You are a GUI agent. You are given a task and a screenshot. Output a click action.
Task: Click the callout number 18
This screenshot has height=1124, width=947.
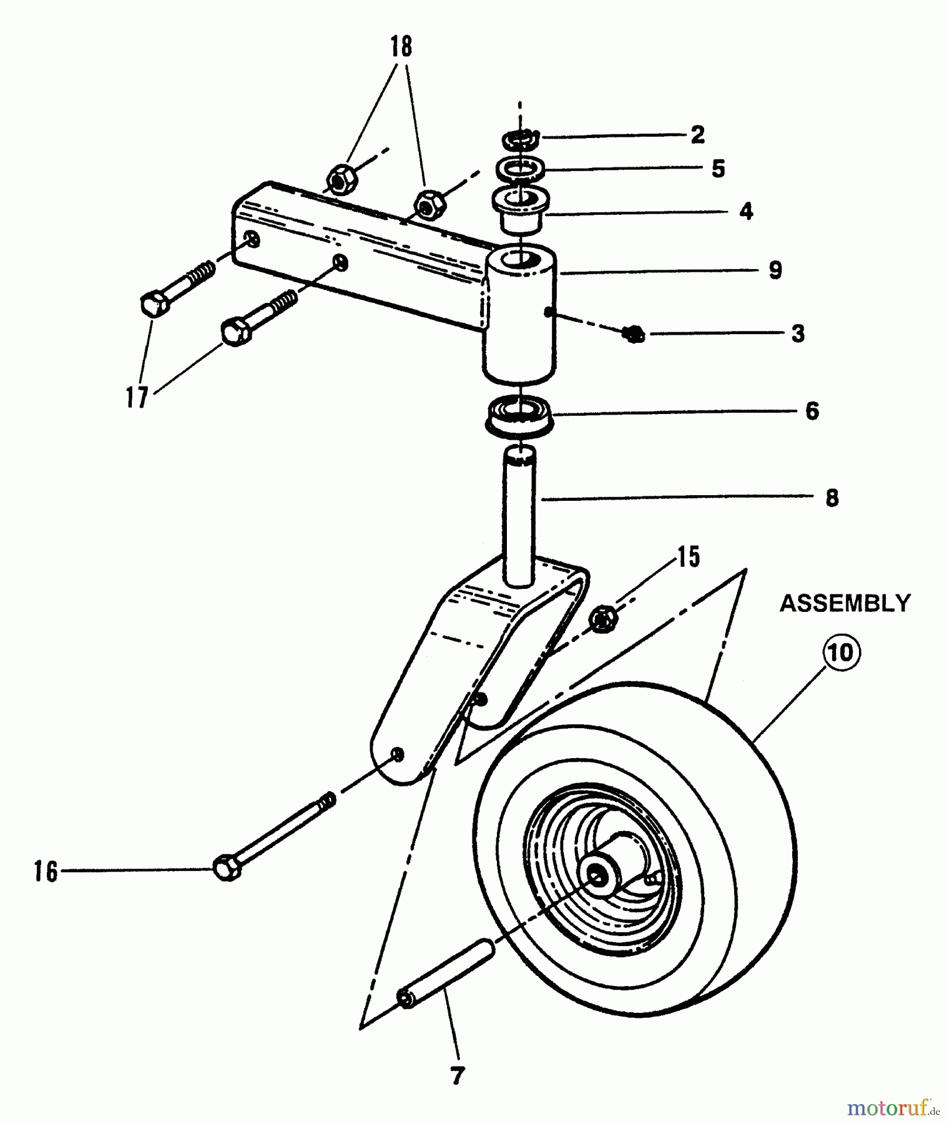coord(401,47)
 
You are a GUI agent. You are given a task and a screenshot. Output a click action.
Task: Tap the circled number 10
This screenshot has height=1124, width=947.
coord(840,653)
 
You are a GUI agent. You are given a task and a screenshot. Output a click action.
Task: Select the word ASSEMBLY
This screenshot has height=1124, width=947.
coord(845,603)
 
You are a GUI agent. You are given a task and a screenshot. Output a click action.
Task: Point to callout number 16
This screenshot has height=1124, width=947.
coord(46,871)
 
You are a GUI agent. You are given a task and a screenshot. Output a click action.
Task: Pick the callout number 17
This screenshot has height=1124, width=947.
coord(137,397)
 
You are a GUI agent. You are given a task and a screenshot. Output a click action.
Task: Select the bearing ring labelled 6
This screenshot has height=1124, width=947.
coord(518,414)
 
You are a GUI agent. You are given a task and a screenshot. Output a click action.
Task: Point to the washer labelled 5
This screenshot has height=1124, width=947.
coord(521,169)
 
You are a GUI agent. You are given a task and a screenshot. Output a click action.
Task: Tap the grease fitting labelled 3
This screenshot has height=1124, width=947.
coord(634,335)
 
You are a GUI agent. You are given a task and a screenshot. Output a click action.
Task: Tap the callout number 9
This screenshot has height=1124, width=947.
coord(775,270)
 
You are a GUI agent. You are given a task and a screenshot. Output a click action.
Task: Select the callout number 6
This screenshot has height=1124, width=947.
coord(812,411)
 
